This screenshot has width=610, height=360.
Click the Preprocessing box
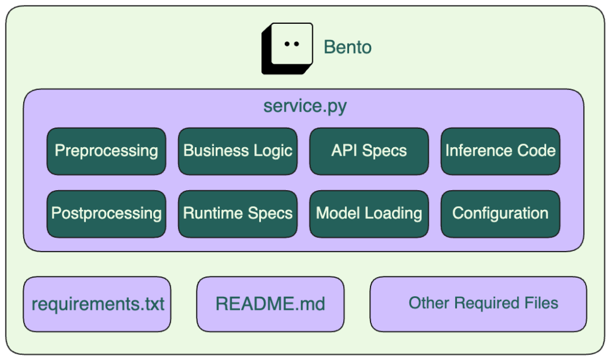click(x=106, y=151)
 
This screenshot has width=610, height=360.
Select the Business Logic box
click(x=238, y=151)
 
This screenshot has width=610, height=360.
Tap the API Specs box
click(x=369, y=151)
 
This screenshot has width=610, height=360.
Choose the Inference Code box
click(x=500, y=151)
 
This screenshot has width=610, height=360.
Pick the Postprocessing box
click(x=106, y=213)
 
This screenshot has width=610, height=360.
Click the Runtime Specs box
click(x=238, y=213)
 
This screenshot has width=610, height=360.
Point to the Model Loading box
click(x=369, y=213)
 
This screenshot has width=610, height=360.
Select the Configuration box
click(x=500, y=213)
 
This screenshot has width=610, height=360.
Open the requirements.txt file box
click(x=97, y=304)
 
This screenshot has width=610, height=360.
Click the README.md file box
click(x=270, y=304)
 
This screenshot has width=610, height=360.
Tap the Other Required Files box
click(x=478, y=303)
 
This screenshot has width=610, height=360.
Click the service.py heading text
click(x=305, y=107)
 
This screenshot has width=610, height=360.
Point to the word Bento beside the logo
click(x=347, y=47)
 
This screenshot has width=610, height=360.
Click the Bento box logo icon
click(x=287, y=48)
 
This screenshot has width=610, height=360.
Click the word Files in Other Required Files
click(x=539, y=303)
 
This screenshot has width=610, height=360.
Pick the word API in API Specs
click(x=345, y=151)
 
